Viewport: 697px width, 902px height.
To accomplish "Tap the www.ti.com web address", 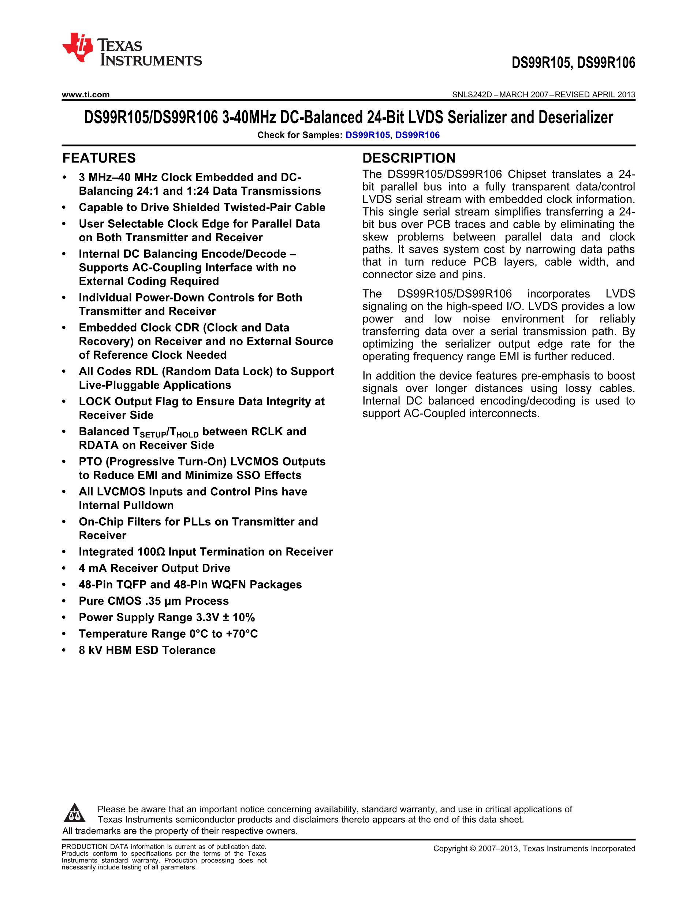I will pyautogui.click(x=85, y=94).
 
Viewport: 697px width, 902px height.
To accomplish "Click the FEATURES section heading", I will pyautogui.click(x=99, y=158).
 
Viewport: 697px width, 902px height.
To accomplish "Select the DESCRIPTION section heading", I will pyautogui.click(x=409, y=158).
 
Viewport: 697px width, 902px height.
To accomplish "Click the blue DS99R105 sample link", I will pyautogui.click(x=368, y=135).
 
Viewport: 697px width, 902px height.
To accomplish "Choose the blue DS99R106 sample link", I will pyautogui.click(x=417, y=135).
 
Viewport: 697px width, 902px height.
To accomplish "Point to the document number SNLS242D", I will pyautogui.click(x=472, y=94).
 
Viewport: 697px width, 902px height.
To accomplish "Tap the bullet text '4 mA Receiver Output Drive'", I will pyautogui.click(x=154, y=568).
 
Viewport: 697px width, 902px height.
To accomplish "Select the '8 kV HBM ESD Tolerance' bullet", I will pyautogui.click(x=147, y=650).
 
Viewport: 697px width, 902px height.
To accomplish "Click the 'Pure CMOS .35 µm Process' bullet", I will pyautogui.click(x=154, y=601).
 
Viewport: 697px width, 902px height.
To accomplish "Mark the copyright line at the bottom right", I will pyautogui.click(x=534, y=849).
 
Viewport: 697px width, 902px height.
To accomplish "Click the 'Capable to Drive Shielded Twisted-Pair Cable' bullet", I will pyautogui.click(x=202, y=207).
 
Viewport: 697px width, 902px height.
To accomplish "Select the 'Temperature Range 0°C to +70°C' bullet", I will pyautogui.click(x=168, y=634).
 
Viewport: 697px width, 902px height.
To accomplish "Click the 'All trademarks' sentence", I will pyautogui.click(x=180, y=831).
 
